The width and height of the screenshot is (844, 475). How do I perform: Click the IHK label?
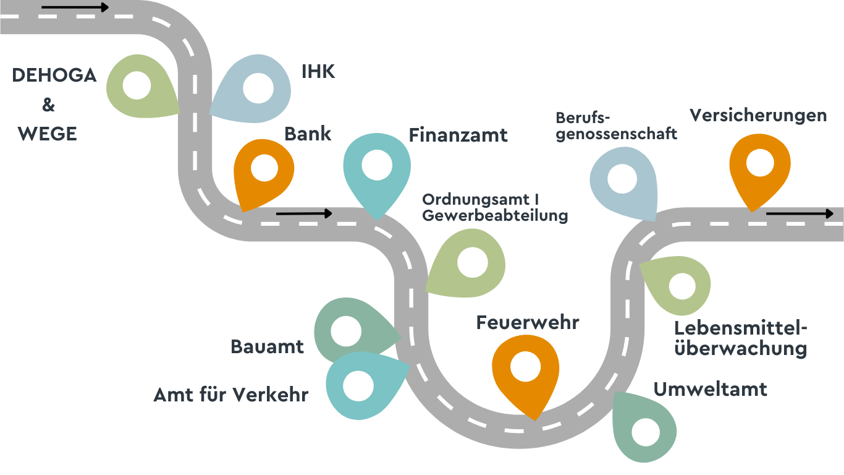(x=318, y=72)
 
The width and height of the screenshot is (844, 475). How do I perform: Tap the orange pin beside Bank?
(x=264, y=170)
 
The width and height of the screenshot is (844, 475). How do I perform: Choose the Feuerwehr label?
(x=527, y=322)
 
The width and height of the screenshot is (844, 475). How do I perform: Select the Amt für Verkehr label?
(x=230, y=395)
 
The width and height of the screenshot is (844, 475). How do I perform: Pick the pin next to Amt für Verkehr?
(x=360, y=385)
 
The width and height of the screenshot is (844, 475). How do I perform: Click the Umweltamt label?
(x=710, y=389)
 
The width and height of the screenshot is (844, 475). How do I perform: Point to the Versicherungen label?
(x=758, y=115)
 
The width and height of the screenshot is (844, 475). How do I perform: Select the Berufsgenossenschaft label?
(x=616, y=126)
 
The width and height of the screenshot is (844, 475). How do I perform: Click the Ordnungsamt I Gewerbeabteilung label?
(x=494, y=208)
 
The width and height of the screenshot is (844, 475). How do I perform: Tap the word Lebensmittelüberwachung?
(x=740, y=338)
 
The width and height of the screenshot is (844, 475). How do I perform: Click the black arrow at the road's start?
(x=75, y=8)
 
